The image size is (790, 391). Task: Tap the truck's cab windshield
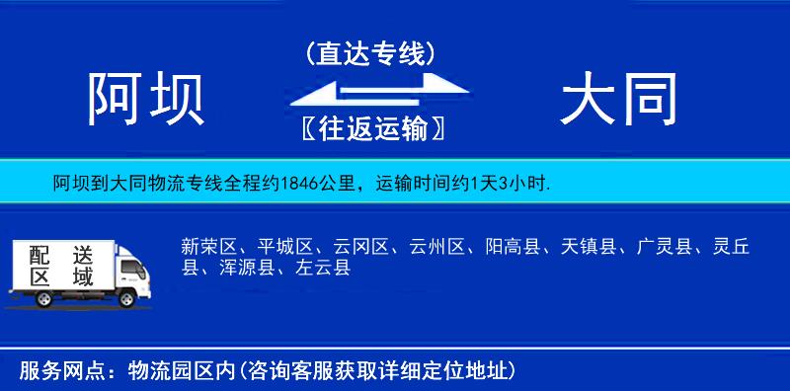tap(131, 264)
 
